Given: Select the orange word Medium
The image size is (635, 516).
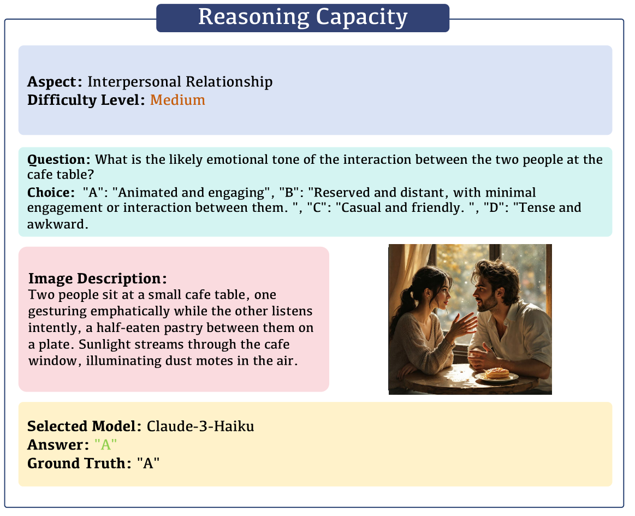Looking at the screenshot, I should [x=177, y=100].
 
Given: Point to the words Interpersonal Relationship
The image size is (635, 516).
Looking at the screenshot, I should [x=180, y=82].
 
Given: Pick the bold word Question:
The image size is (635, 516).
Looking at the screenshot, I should [x=59, y=160].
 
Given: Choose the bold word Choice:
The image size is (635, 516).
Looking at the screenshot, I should [x=51, y=193].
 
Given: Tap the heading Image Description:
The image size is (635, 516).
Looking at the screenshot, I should [x=97, y=278].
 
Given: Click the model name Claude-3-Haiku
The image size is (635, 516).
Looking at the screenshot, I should [x=200, y=426].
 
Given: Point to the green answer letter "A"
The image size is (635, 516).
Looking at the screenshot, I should [x=106, y=445].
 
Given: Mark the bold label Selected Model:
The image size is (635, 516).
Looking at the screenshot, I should [x=85, y=426].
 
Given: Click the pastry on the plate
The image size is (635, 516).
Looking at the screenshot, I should [x=497, y=373].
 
